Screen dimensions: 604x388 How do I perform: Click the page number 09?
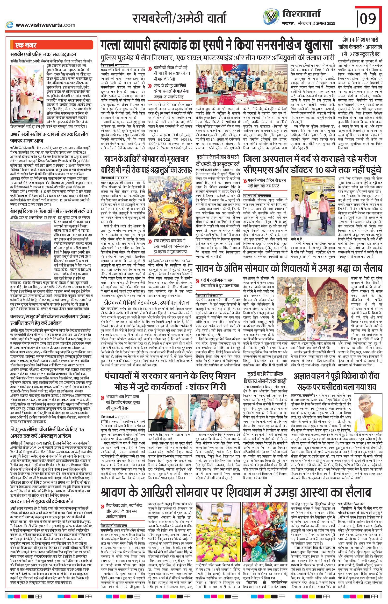(368, 18)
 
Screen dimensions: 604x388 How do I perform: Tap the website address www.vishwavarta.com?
(45, 25)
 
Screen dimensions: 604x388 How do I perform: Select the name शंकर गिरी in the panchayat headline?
(213, 387)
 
